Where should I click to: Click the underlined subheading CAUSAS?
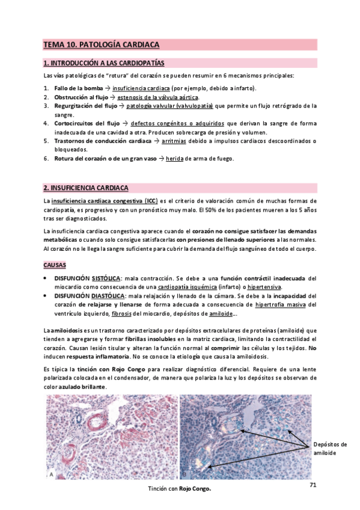[x=55, y=265]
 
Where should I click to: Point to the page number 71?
[x=313, y=485]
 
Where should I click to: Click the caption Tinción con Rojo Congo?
[x=180, y=489]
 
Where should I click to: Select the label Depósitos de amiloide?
[x=330, y=449]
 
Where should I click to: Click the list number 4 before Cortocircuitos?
[x=46, y=123]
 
